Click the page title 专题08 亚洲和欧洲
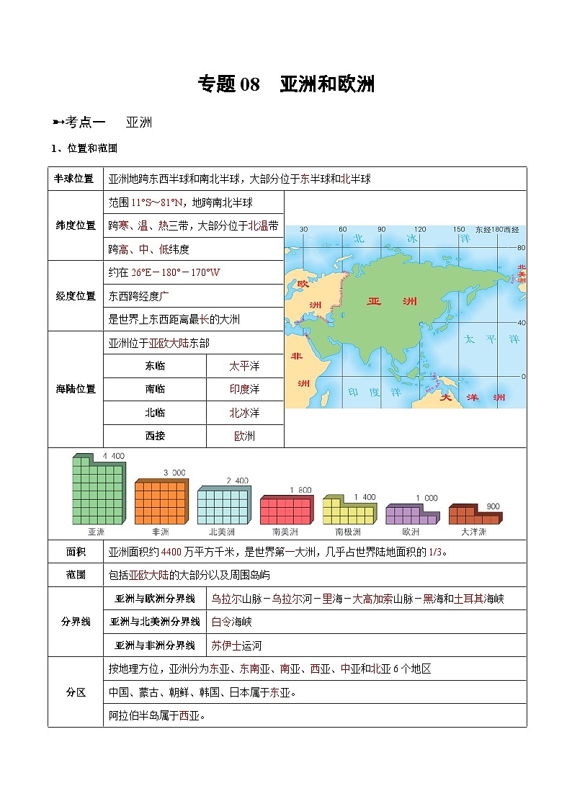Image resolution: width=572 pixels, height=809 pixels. (286, 84)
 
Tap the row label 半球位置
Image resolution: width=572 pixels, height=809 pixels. (75, 179)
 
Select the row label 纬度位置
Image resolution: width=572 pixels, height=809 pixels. (75, 225)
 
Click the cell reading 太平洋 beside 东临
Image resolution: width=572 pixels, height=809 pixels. (244, 366)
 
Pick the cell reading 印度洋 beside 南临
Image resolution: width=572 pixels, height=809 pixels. (244, 389)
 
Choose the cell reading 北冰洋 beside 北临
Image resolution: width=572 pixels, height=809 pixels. (244, 413)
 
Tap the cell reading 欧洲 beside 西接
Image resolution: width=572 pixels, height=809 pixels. (244, 436)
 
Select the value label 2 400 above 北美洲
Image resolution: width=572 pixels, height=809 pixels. (237, 481)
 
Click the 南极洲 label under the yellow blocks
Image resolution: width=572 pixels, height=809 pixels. (349, 532)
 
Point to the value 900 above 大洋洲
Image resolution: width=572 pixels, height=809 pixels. (493, 506)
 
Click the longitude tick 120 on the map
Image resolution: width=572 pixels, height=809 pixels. (419, 230)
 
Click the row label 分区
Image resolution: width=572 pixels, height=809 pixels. (75, 692)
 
